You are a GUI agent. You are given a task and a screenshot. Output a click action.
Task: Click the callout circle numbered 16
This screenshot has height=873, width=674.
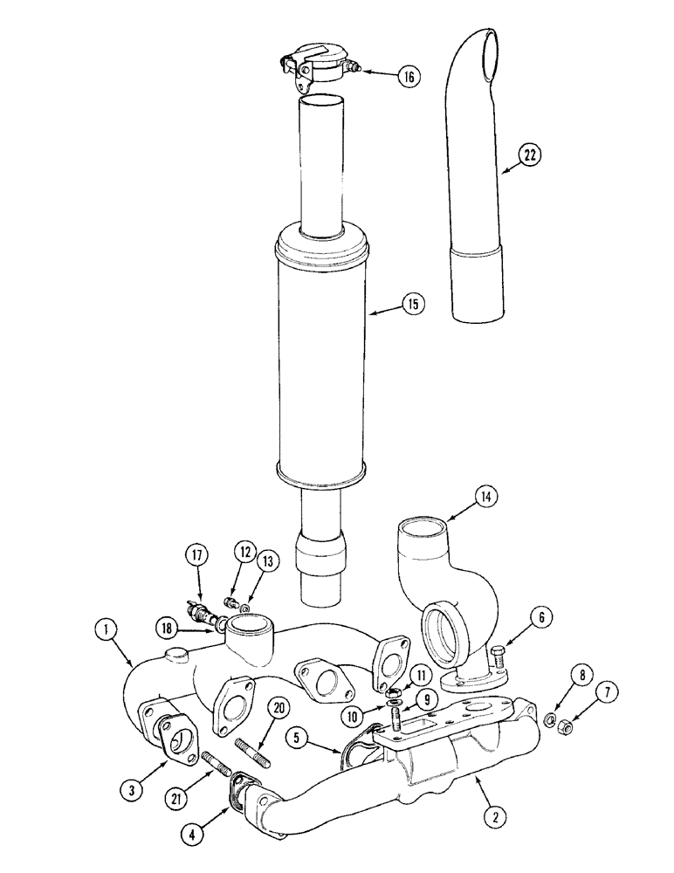408,76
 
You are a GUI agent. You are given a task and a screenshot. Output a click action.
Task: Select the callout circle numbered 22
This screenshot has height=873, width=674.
529,156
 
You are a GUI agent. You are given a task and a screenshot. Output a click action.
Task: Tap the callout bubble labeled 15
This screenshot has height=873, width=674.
412,304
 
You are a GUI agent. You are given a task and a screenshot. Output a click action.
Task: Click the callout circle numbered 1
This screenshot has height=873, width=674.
105,626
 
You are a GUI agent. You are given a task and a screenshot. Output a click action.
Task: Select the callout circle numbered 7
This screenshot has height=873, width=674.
608,694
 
